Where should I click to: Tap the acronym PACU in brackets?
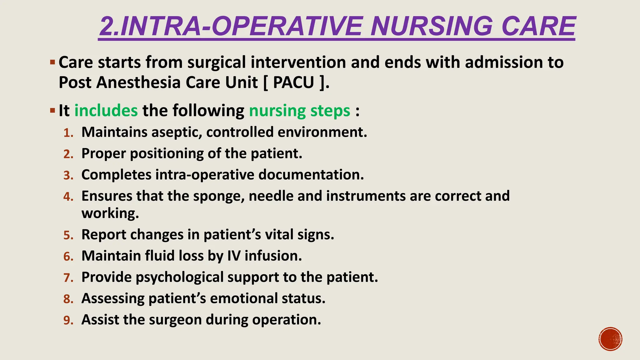coord(293,83)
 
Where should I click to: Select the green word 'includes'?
coord(106,111)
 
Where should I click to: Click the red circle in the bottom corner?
coord(610,339)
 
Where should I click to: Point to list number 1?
coord(68,133)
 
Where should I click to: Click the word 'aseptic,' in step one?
coord(177,132)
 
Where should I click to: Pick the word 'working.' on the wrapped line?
coord(110,213)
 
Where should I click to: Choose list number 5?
coord(68,235)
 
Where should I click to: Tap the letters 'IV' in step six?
coord(234,256)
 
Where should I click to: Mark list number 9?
coord(68,321)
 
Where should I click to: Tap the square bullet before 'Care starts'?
coord(52,62)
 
